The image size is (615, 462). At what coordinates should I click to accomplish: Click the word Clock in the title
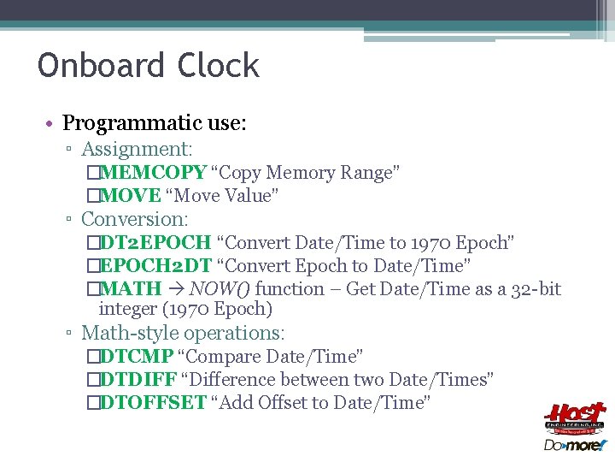click(219, 66)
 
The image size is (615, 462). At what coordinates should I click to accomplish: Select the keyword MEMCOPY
click(153, 173)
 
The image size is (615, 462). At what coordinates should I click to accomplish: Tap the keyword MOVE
click(130, 196)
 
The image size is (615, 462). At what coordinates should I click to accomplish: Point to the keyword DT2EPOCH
click(155, 243)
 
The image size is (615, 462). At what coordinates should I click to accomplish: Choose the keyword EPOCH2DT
click(155, 266)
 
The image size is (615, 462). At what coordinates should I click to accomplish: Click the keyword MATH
click(131, 289)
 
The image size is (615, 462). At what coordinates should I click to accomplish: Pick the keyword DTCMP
click(137, 356)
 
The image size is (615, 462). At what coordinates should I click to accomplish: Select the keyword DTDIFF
click(137, 379)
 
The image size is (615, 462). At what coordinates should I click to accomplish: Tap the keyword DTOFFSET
click(153, 402)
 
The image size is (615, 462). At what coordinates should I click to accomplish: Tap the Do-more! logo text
click(575, 445)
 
